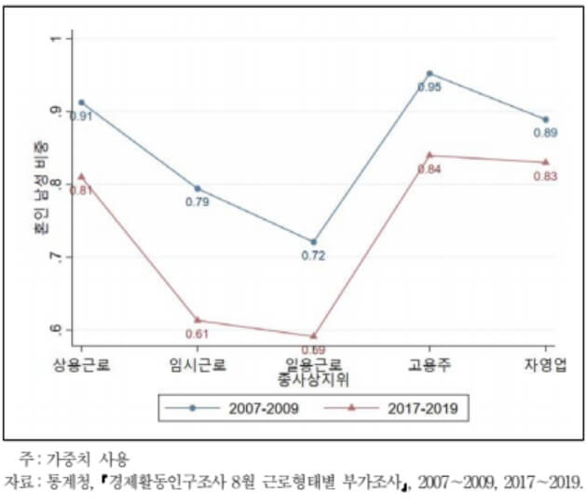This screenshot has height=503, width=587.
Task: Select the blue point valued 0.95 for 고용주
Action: (430, 73)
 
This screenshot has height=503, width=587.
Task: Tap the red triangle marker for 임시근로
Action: (198, 320)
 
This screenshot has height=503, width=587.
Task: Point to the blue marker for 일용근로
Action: (313, 242)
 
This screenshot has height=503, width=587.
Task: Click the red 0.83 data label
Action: (545, 176)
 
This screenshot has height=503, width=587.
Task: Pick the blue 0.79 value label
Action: (198, 202)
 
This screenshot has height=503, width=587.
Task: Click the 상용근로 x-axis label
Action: (81, 364)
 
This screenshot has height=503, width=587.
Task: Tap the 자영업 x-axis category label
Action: (545, 364)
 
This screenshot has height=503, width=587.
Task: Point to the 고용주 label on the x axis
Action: (430, 364)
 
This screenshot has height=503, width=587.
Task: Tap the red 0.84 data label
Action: (430, 170)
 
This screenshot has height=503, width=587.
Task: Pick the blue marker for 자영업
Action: (545, 119)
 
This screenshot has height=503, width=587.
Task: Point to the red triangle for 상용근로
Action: (81, 175)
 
